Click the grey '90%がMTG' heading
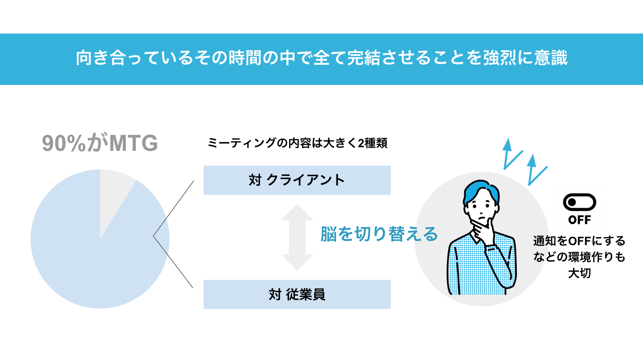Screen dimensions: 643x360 coord(100,143)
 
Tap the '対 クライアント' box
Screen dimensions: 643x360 coord(297,180)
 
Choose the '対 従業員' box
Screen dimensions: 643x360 coord(297,294)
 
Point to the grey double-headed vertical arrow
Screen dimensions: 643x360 coord(297,237)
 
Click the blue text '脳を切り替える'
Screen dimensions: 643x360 coord(379,234)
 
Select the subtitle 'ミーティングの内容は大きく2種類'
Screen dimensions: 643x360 coord(297,143)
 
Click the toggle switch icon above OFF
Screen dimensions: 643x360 coord(580,202)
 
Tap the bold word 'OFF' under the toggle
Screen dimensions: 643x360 coord(580,220)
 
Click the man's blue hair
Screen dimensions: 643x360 coord(481,191)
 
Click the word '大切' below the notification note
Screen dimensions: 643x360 coord(580,273)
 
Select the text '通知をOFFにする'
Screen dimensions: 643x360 coord(579,241)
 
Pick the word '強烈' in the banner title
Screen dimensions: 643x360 coord(500,58)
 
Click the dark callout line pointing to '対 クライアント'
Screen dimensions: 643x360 coord(173,209)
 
